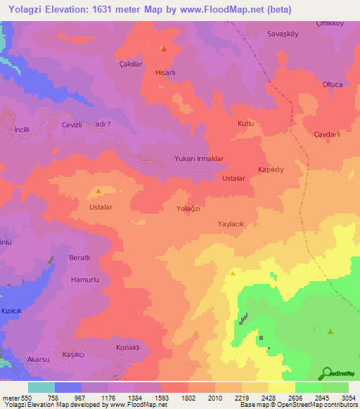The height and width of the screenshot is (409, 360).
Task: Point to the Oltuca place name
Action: point(312,84)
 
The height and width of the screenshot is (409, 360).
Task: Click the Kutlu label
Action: point(245,124)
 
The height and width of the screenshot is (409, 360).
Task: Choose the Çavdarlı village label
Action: point(327,134)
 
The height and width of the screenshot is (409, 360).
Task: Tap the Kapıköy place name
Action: point(271,170)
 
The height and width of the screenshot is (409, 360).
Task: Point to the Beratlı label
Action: point(79,258)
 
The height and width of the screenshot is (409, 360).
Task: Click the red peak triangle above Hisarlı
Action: point(163,49)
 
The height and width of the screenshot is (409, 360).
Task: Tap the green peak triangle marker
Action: point(330,331)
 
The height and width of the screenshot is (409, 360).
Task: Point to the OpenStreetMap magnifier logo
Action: point(326,372)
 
